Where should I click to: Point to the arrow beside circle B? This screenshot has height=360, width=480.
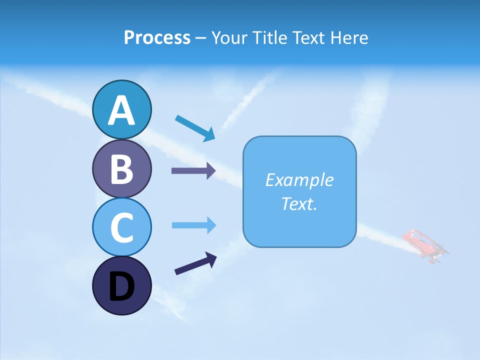pos(193,170)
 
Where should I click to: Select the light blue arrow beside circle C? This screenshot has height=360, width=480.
pos(193,225)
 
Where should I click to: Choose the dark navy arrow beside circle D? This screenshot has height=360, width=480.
pos(195,263)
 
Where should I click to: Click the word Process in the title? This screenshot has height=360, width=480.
pos(157,37)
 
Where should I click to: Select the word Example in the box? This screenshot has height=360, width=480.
pos(299,180)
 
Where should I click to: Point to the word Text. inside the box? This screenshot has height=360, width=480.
pos(299,204)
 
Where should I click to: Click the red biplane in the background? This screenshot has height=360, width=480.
pos(425,246)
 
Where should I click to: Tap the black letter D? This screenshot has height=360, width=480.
pos(121,287)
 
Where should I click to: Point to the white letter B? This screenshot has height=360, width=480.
pos(121,169)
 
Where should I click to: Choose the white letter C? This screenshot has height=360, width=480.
pos(121,228)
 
